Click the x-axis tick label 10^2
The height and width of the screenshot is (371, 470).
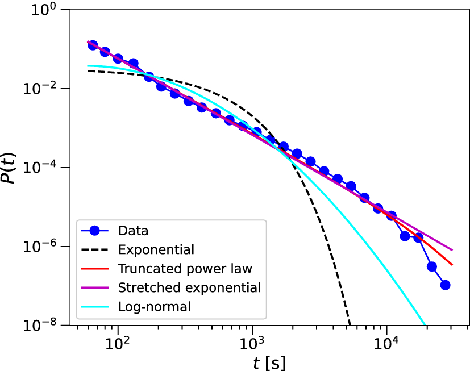[118, 343]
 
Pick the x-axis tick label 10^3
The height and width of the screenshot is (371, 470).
[252, 343]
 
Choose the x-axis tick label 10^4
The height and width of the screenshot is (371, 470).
[386, 343]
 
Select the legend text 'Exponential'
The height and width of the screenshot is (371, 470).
[156, 249]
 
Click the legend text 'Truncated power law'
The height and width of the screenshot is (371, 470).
[185, 268]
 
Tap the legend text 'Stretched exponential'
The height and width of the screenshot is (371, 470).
[189, 287]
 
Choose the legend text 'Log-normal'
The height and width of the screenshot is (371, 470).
[154, 307]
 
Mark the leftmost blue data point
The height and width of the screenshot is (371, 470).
[93, 45]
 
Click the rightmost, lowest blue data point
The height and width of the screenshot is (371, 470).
[445, 285]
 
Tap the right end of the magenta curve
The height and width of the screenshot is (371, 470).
[452, 250]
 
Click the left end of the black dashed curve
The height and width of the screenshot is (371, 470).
[88, 71]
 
